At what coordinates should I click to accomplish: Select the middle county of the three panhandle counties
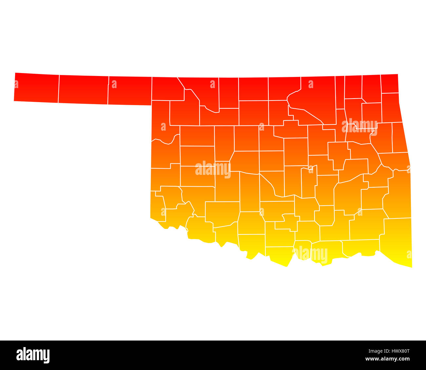84,90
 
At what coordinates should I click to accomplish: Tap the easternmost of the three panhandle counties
130,91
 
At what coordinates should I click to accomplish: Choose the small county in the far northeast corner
390,84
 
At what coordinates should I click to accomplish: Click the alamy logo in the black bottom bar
33,355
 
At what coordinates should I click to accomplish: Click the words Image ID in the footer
375,351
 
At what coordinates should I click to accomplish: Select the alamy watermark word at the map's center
213,169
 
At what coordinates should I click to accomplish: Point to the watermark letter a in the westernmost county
16,84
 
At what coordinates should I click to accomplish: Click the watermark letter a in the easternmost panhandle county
114,84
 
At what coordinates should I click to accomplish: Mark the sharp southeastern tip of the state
412,267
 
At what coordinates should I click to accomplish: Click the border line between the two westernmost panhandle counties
59,89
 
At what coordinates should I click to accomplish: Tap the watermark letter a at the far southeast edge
409,254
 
